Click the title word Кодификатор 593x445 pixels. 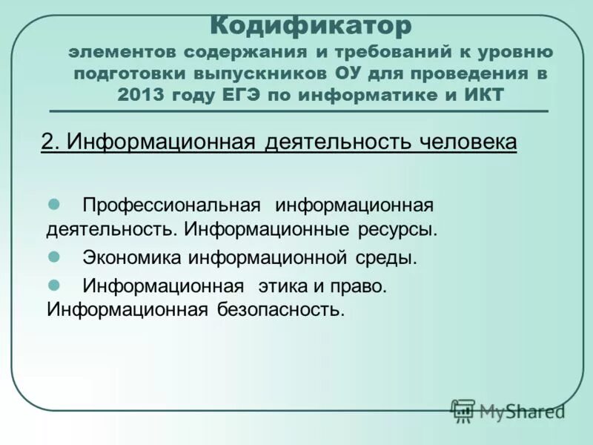click(310, 27)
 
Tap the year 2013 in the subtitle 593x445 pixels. click(141, 94)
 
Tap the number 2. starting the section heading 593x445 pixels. click(50, 142)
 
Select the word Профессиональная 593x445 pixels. click(171, 204)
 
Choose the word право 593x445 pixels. click(360, 286)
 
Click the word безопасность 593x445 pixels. click(282, 309)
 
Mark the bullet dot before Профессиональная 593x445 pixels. click(53, 202)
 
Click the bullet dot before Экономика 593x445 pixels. click(53, 257)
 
